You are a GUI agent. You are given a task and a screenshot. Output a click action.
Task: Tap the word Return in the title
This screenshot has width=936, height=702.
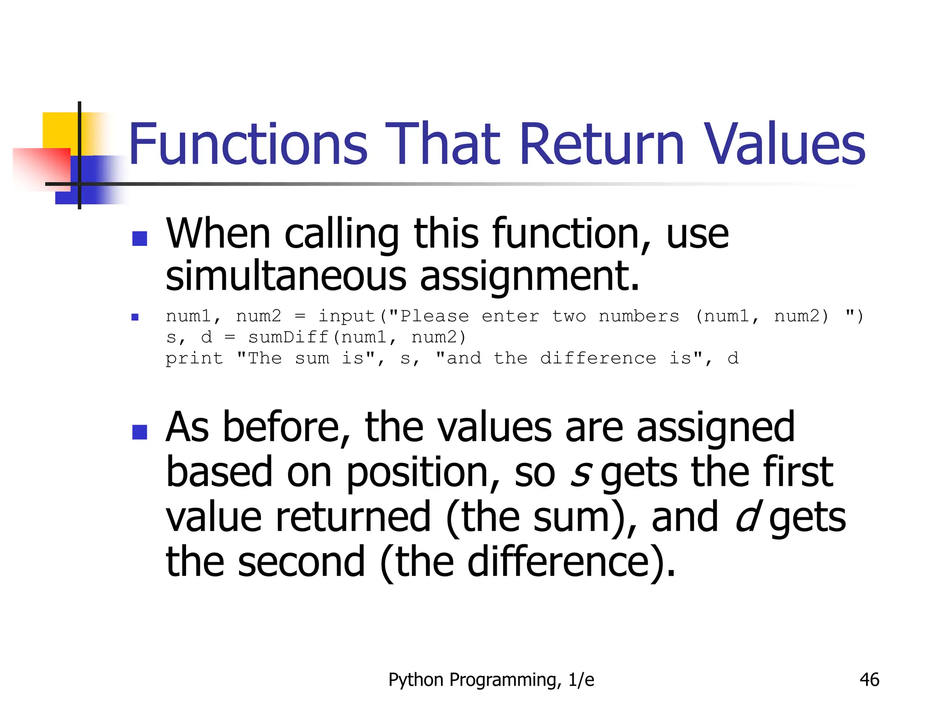[601, 144]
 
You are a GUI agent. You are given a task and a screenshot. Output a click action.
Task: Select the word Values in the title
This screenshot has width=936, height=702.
[784, 144]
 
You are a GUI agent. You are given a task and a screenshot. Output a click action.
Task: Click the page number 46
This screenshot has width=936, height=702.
[869, 680]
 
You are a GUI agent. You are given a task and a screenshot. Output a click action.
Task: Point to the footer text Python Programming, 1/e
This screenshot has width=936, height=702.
[491, 680]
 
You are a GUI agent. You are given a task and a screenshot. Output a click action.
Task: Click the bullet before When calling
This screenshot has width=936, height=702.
[139, 239]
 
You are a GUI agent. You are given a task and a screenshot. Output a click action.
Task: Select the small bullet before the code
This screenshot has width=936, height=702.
[135, 317]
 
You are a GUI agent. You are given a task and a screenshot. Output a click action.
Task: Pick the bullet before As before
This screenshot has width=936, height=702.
[139, 432]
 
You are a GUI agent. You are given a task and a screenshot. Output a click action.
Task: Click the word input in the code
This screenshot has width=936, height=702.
[346, 316]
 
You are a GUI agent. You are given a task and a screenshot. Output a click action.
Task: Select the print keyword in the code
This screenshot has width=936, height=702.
[194, 359]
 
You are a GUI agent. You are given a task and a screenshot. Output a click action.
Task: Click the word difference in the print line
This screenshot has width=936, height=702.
[598, 358]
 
